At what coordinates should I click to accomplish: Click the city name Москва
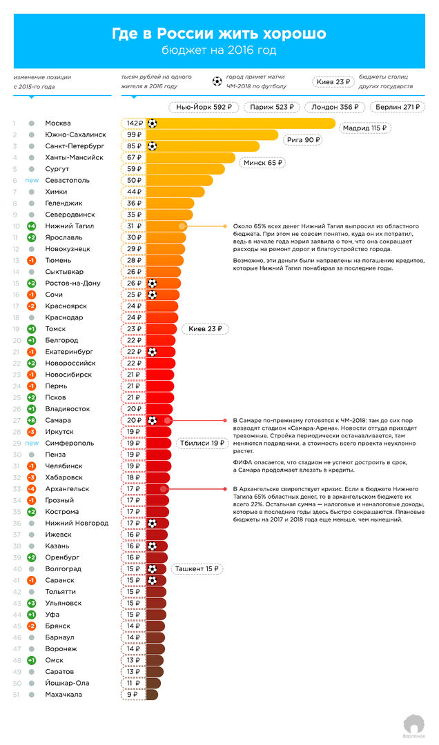point(58,123)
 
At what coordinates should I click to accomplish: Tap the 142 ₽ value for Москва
point(135,123)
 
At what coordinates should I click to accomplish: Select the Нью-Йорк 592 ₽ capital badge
point(204,107)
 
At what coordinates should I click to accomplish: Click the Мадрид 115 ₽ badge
point(364,128)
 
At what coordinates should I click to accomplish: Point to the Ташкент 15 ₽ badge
point(197,569)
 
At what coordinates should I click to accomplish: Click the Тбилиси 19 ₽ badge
point(202,443)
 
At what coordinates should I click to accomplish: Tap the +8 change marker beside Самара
point(31,420)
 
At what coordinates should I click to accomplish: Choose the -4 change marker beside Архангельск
point(31,489)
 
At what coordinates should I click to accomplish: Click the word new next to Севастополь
point(32,181)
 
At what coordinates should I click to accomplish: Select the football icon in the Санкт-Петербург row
point(153,146)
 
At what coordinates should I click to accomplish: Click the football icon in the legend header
point(217,81)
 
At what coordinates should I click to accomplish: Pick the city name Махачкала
point(64,695)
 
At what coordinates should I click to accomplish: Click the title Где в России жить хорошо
point(219,34)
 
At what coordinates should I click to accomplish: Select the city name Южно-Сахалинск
point(75,135)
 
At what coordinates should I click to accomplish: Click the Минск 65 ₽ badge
point(262,163)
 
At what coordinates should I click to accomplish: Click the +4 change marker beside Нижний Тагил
point(31,226)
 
